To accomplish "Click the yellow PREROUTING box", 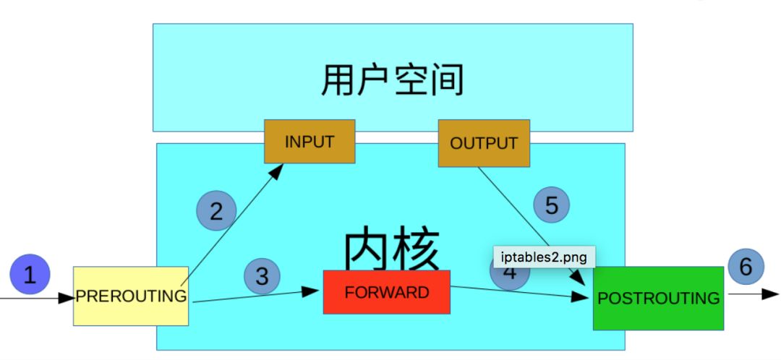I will click(x=131, y=296).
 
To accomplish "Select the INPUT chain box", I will click(x=310, y=141).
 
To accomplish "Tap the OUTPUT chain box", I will click(x=484, y=142).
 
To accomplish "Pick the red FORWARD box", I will click(x=386, y=292).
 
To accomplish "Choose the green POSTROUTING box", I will click(x=658, y=298).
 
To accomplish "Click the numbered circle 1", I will click(x=30, y=275).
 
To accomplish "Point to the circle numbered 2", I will click(x=216, y=211).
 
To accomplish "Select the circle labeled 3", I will click(x=262, y=275).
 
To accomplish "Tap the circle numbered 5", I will click(x=552, y=205).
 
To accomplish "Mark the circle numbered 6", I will click(x=746, y=267).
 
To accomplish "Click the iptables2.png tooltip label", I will click(x=545, y=257).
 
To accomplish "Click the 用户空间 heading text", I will click(x=392, y=80).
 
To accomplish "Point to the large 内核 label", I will click(x=390, y=249).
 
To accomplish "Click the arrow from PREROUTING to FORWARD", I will click(x=253, y=296).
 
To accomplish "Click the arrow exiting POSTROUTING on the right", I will click(x=752, y=294).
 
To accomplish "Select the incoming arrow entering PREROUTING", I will click(x=36, y=296).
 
